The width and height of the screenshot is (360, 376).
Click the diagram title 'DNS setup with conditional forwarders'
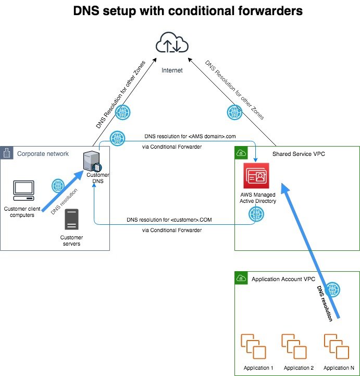tap(180, 10)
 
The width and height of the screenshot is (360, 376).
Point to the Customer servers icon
tap(71, 220)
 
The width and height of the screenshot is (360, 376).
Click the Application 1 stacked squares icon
tap(254, 346)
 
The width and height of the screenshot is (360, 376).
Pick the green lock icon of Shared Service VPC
tap(241, 153)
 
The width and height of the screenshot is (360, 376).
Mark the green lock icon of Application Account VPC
tap(241, 278)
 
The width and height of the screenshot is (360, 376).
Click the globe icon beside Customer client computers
tap(58, 186)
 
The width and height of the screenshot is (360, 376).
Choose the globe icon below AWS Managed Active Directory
tap(255, 213)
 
